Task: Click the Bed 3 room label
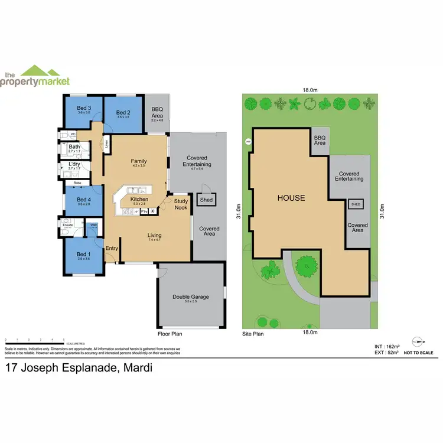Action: coord(83,108)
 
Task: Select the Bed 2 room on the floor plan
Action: coord(123,115)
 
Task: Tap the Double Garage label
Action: coord(190,298)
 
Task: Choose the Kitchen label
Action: coord(139,200)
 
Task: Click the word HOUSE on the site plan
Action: coord(291,198)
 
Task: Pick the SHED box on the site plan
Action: coord(356,204)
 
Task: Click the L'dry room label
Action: coord(74,164)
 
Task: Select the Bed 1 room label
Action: coord(83,255)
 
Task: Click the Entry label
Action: coord(112,248)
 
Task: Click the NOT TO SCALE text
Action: coord(419,353)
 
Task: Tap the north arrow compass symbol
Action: coord(419,341)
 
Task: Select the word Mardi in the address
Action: coord(137,368)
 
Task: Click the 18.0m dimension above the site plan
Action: coord(310,90)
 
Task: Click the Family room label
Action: coord(139,161)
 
